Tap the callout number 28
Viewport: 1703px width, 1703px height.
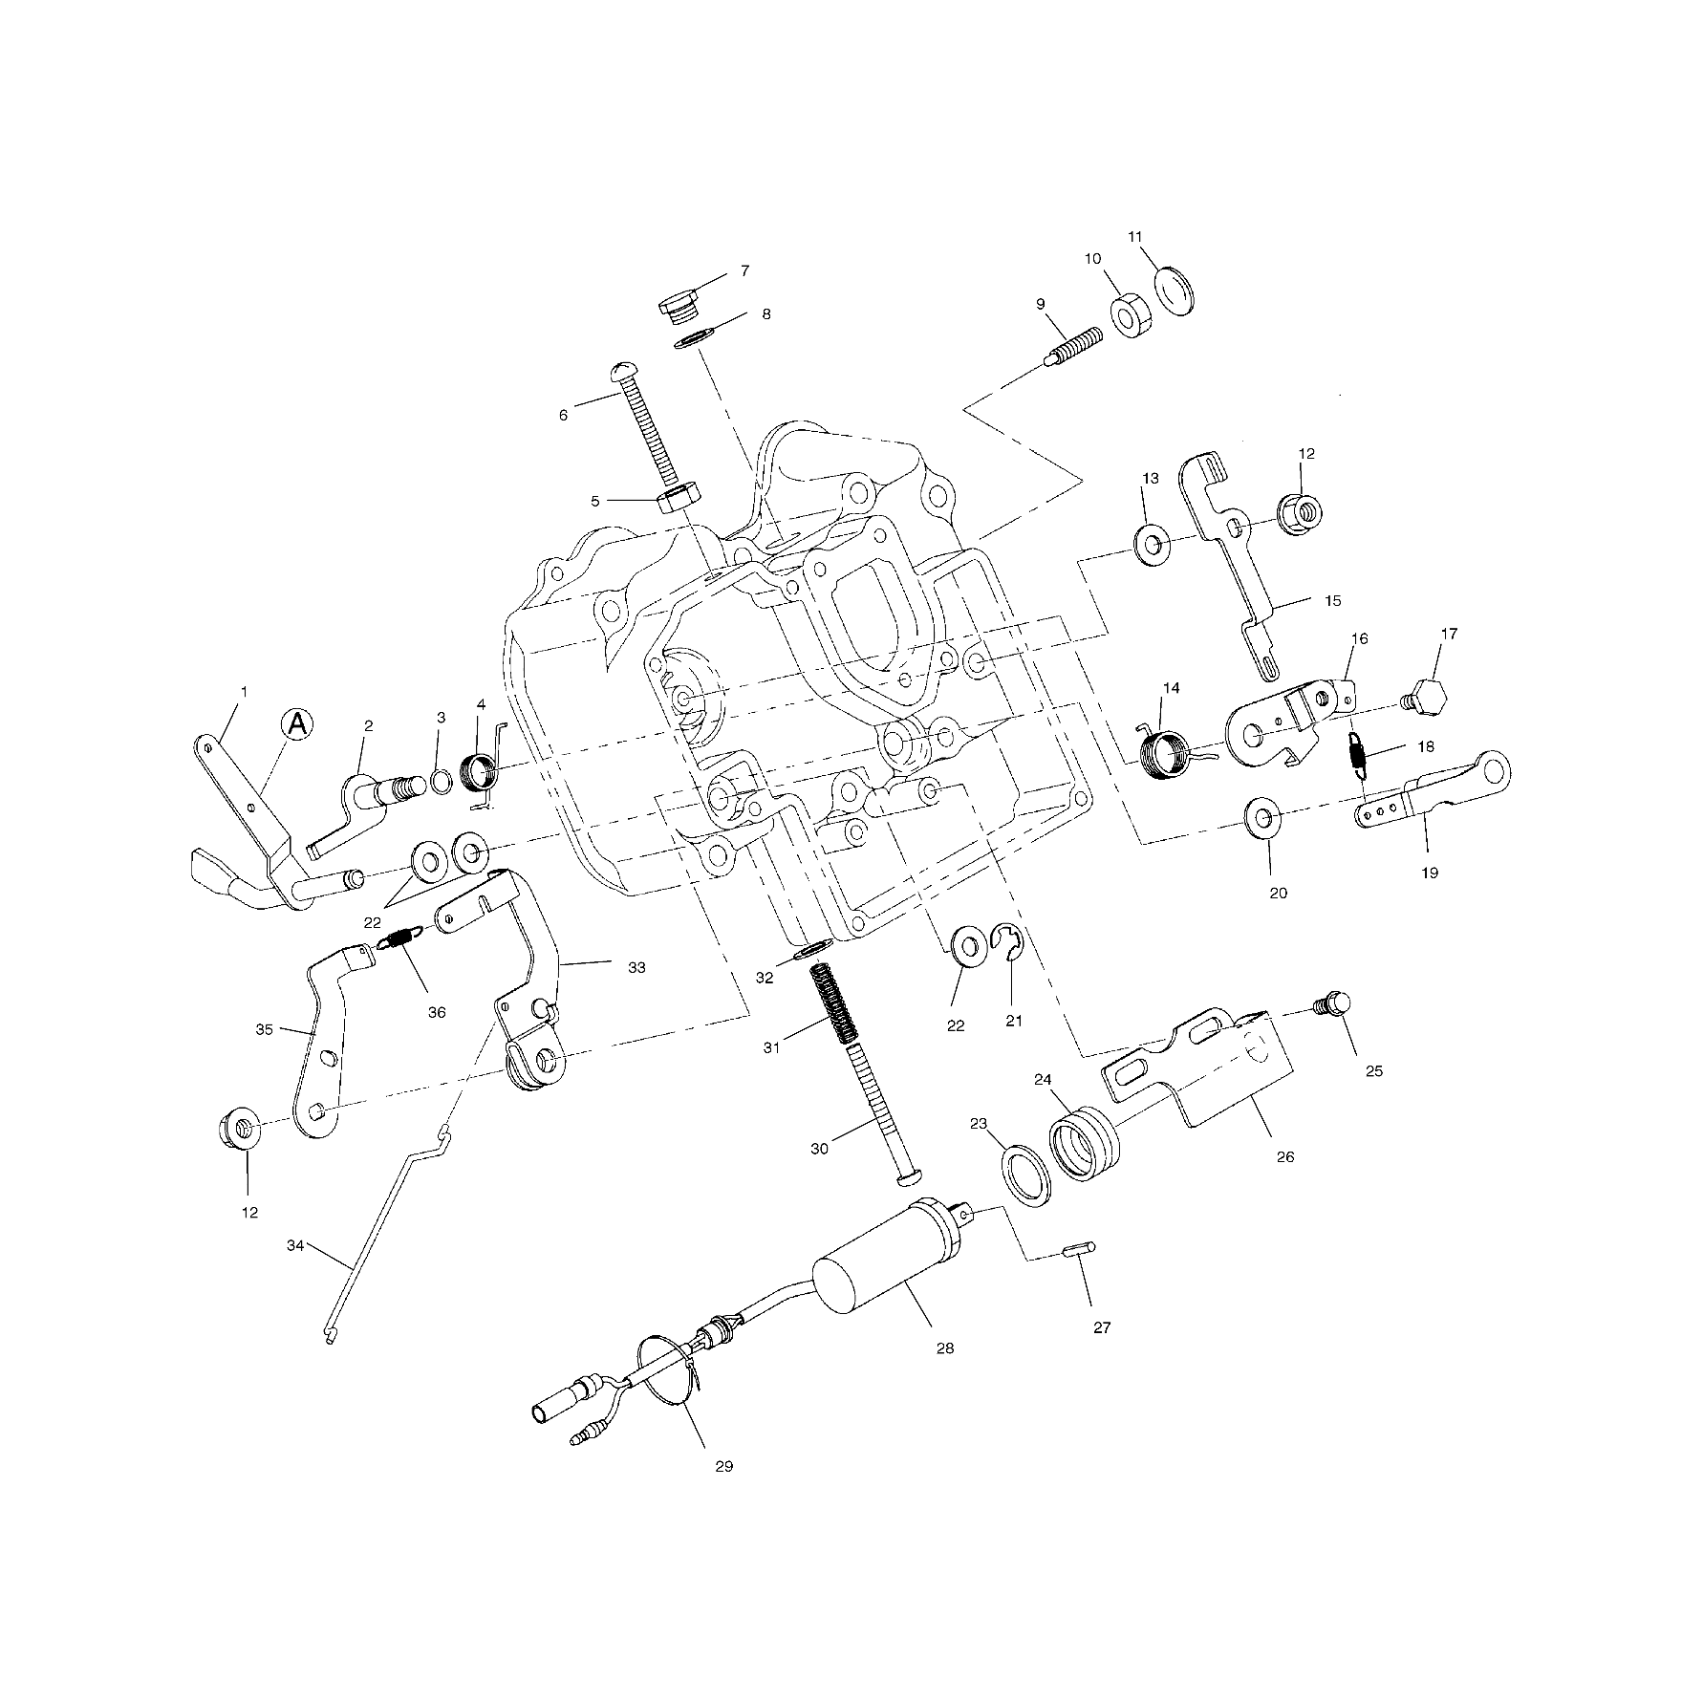[944, 1347]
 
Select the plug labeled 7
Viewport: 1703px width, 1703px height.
[678, 309]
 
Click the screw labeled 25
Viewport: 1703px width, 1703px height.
[1333, 1005]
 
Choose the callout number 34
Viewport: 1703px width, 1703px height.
[296, 1245]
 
